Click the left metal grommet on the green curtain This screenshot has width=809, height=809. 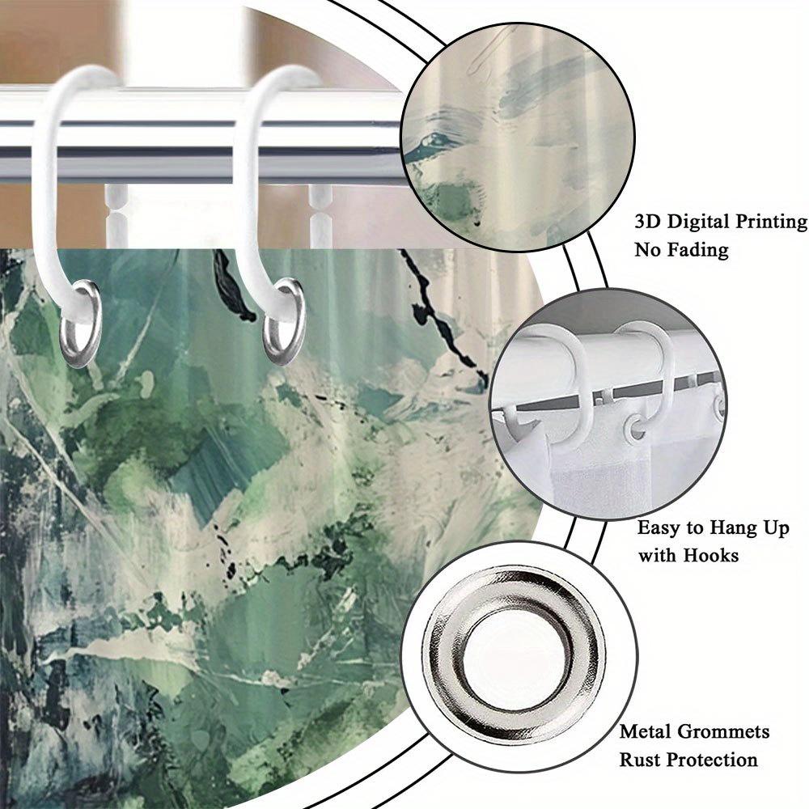[x=81, y=324]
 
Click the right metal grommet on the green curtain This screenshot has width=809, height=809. [x=283, y=321]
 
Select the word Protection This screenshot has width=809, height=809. [x=714, y=760]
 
